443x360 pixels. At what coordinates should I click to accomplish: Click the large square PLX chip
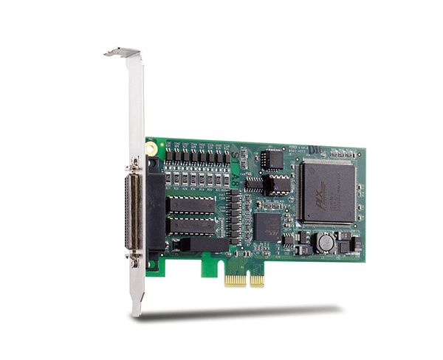[325, 191]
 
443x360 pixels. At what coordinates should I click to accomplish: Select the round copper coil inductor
[323, 240]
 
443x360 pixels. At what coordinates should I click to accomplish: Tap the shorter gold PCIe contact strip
[256, 279]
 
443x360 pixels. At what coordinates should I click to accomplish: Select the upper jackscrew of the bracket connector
[134, 162]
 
